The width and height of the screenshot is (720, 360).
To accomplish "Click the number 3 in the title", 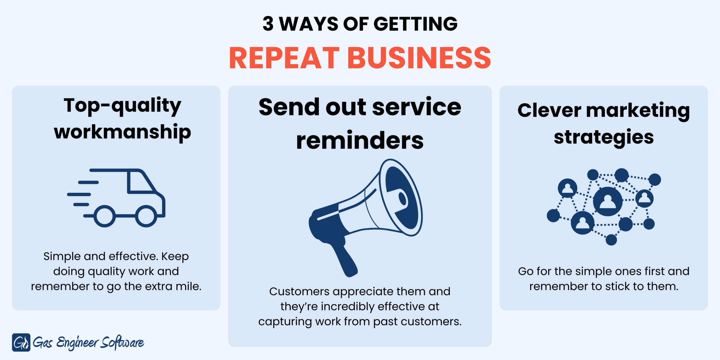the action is pos(268,24).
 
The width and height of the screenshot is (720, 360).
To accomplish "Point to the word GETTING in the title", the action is pos(415,24).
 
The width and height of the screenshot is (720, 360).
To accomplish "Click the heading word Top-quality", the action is pos(122,106).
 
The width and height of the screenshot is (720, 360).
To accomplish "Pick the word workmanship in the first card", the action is pos(122,132).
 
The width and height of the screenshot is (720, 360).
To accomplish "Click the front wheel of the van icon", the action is pos(146,216).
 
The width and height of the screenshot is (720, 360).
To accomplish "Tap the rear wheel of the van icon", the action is pos(104,216).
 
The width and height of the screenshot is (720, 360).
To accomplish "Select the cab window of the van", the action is pos(140,182).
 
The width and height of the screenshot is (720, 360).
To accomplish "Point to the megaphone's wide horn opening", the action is pos(401,197).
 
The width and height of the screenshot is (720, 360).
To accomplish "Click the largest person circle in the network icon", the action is pos(608,201).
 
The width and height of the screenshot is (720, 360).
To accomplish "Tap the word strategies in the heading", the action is pos(604,137).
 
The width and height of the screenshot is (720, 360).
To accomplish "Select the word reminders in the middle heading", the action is pos(360,140).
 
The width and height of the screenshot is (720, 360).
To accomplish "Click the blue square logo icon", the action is pos(21,342).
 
